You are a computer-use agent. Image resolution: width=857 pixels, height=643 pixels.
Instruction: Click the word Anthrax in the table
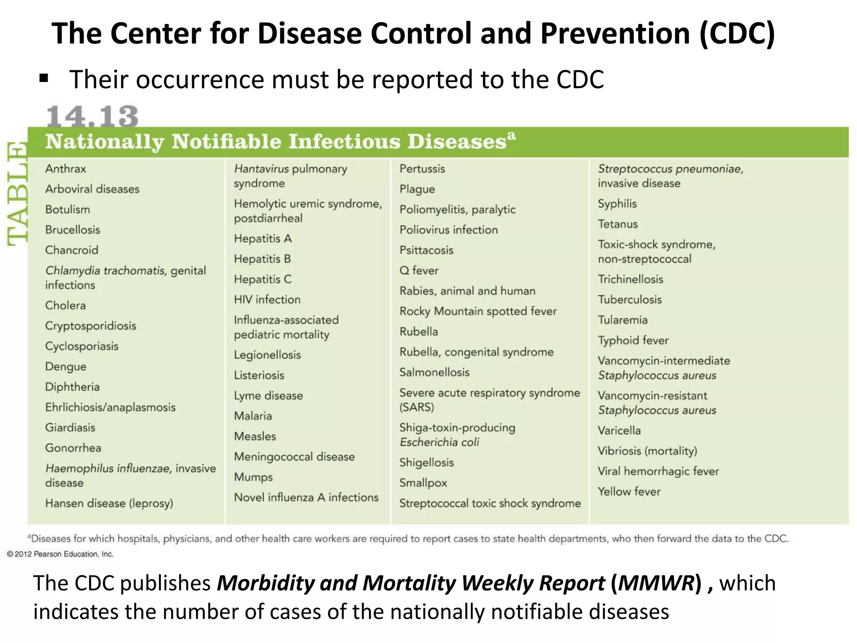66,169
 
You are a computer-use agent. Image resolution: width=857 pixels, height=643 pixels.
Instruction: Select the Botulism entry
67,209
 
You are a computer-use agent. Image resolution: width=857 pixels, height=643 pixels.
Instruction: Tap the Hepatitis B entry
262,259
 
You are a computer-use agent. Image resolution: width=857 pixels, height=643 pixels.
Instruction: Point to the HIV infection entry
267,299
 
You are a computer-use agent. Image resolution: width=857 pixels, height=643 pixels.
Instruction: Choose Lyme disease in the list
268,396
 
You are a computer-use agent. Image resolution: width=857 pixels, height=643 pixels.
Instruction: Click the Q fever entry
419,270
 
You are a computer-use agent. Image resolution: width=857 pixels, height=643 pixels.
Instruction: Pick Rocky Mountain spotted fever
478,311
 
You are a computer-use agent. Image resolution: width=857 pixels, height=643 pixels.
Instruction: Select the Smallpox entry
423,483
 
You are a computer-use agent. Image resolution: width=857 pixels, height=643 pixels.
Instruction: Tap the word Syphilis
617,204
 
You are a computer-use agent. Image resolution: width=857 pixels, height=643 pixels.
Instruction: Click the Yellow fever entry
629,491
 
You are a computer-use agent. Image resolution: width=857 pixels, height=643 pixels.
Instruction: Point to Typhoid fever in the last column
633,340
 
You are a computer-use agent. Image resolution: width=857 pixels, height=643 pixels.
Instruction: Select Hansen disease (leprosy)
109,503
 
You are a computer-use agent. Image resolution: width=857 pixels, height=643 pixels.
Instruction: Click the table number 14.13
92,116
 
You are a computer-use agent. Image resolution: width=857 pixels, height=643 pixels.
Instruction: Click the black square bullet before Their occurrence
44,78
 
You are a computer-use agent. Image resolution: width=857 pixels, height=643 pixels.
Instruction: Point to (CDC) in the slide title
736,33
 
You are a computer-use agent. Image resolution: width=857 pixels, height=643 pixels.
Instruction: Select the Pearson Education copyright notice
60,554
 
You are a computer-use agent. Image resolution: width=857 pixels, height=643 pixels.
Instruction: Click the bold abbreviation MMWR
656,583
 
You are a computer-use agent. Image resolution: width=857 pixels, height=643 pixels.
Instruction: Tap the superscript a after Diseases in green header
511,136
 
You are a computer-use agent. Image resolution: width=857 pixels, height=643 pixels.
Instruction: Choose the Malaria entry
253,416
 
